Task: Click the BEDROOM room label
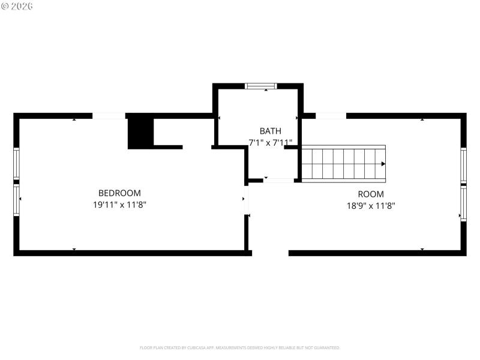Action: (x=119, y=193)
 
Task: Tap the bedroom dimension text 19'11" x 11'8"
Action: (x=119, y=205)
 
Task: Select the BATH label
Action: (x=269, y=131)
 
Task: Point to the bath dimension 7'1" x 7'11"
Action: (x=270, y=143)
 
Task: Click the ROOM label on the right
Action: (x=371, y=194)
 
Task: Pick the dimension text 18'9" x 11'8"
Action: (x=371, y=205)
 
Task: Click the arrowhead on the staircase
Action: (x=382, y=163)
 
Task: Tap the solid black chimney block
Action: (x=141, y=131)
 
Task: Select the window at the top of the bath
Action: (x=262, y=86)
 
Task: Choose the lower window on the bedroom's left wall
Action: (x=17, y=199)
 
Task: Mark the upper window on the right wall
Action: (x=463, y=165)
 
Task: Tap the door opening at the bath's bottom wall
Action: (x=278, y=180)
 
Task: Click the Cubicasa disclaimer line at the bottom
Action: (x=240, y=347)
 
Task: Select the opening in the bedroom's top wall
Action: (x=109, y=115)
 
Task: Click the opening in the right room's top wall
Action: (x=331, y=115)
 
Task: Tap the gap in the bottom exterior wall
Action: (x=270, y=253)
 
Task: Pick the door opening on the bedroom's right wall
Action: (x=246, y=204)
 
